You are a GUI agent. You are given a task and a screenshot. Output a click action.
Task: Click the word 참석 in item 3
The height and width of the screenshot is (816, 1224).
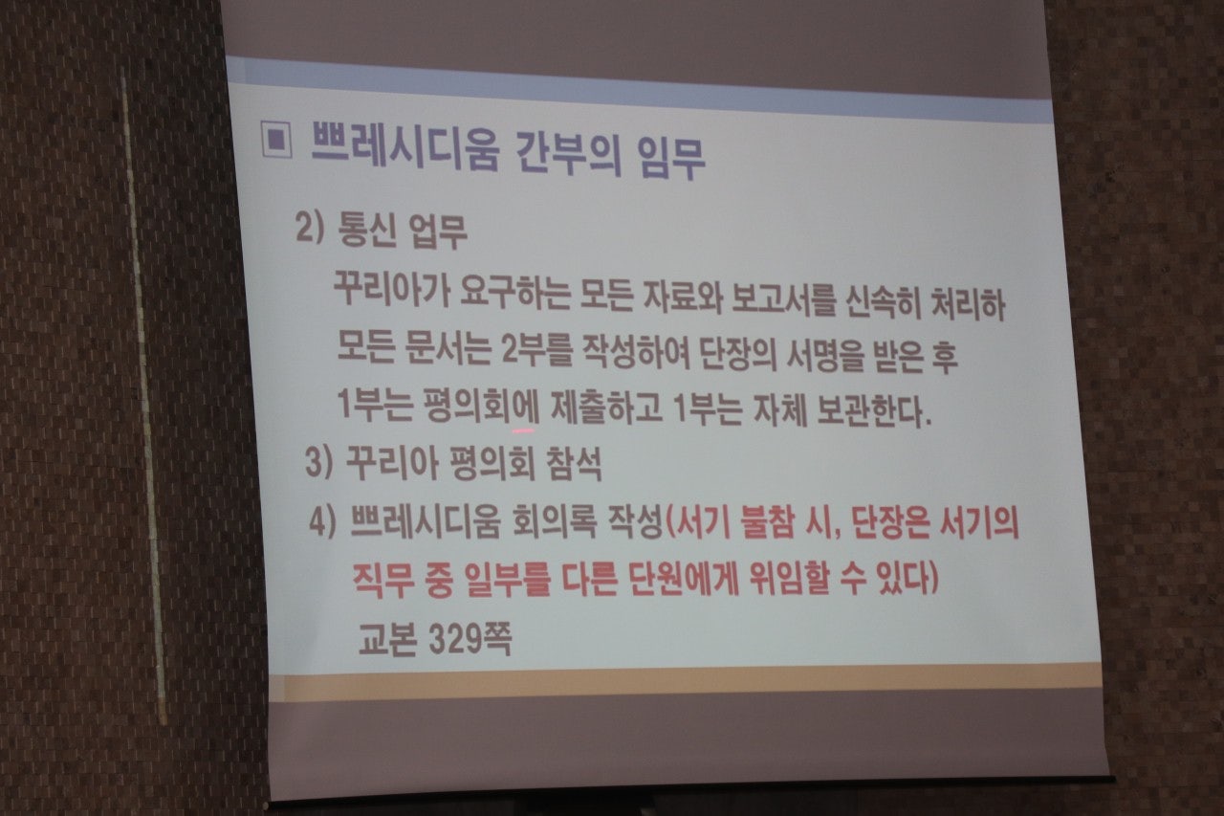[x=569, y=466]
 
